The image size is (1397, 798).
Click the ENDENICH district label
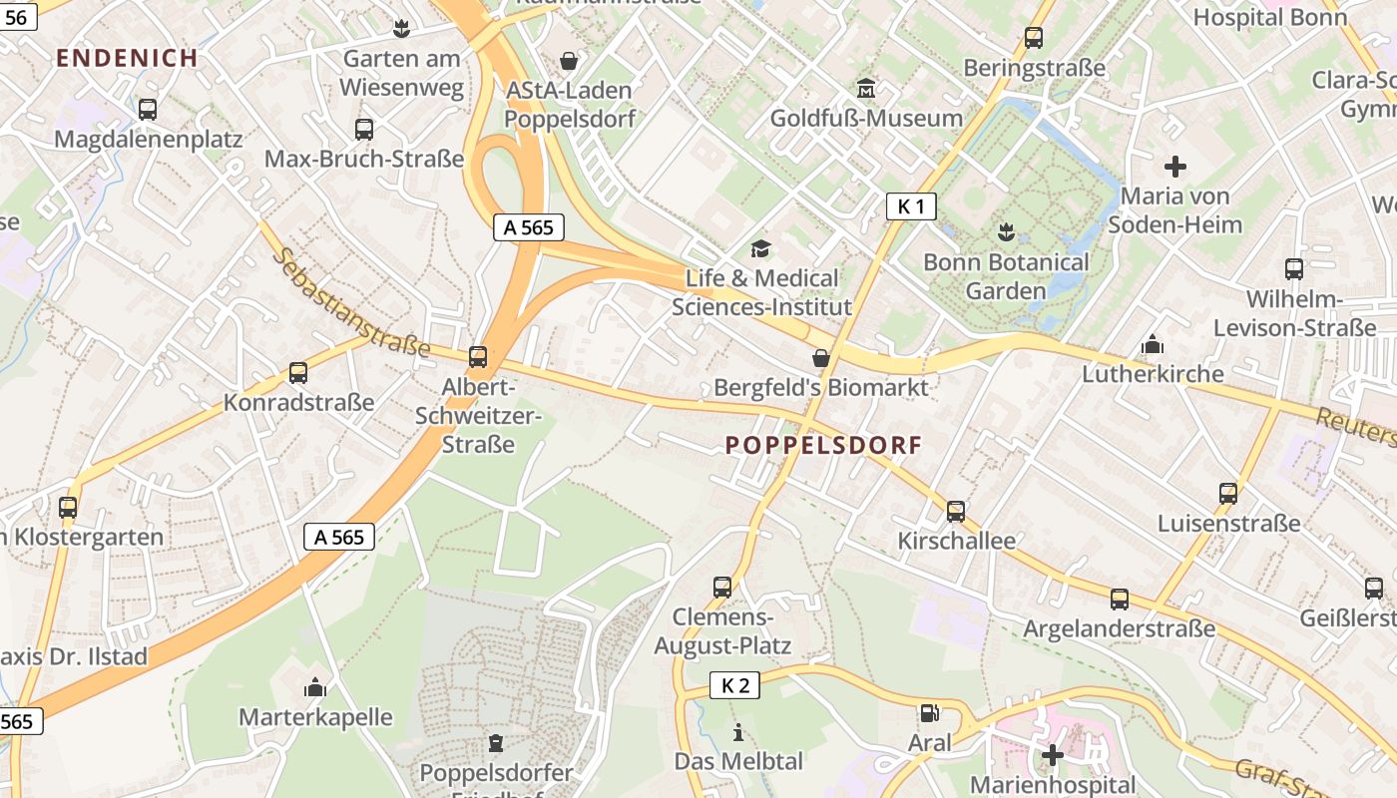(x=127, y=58)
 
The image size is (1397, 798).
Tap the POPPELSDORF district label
(x=823, y=445)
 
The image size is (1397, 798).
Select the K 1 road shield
(x=911, y=206)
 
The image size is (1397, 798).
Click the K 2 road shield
(x=734, y=685)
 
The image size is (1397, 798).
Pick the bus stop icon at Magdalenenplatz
(x=148, y=110)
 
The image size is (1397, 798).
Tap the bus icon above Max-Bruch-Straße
(x=364, y=129)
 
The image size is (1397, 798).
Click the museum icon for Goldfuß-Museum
(x=866, y=89)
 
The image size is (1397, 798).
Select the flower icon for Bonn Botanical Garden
(x=1006, y=232)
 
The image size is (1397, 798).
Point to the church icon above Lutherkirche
(x=1153, y=344)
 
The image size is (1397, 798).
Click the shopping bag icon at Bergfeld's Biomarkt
(x=821, y=357)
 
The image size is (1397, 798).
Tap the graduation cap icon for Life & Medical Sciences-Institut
(x=761, y=248)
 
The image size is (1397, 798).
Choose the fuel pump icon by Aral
(x=929, y=712)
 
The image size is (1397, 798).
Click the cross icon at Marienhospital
(x=1052, y=755)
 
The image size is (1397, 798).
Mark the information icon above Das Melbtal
(x=738, y=732)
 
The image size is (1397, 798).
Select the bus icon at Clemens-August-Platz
(x=722, y=587)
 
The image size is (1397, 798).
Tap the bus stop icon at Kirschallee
(x=956, y=512)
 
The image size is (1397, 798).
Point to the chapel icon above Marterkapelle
(x=315, y=687)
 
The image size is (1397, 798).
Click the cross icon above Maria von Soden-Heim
(x=1175, y=166)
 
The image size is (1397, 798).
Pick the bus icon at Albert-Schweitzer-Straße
(x=478, y=356)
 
